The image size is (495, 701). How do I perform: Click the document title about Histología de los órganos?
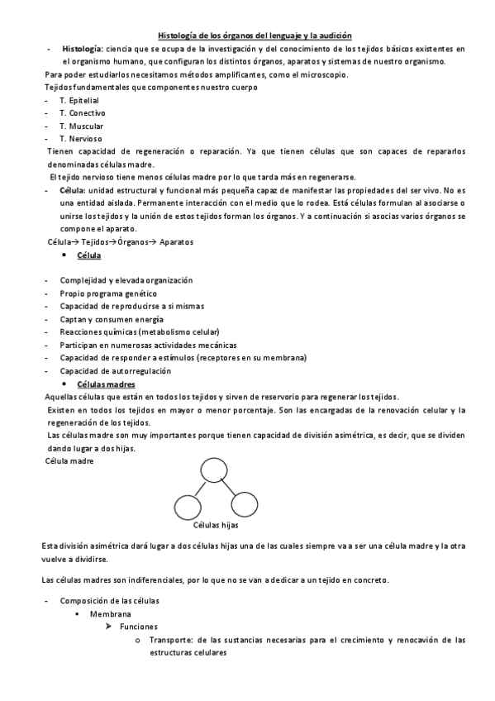click(x=255, y=35)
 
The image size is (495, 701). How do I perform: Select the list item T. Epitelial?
click(x=79, y=99)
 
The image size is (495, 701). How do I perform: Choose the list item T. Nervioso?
click(x=80, y=138)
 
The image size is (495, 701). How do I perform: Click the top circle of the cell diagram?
click(x=210, y=471)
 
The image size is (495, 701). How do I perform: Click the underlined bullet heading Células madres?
click(x=106, y=384)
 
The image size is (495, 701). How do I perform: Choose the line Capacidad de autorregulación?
click(x=113, y=370)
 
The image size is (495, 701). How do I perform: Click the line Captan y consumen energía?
click(x=111, y=319)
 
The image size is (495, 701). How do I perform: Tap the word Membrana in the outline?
click(x=109, y=614)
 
